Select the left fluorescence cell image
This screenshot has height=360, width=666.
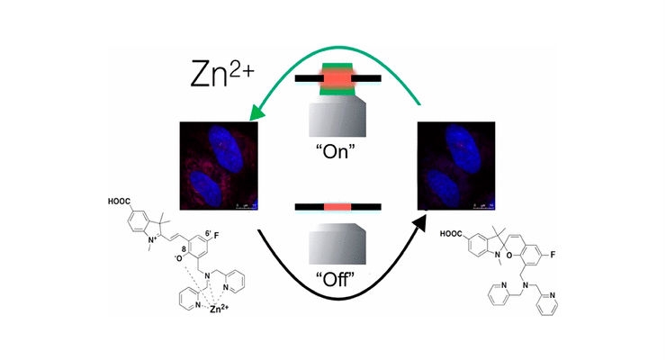pyautogui.click(x=219, y=166)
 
